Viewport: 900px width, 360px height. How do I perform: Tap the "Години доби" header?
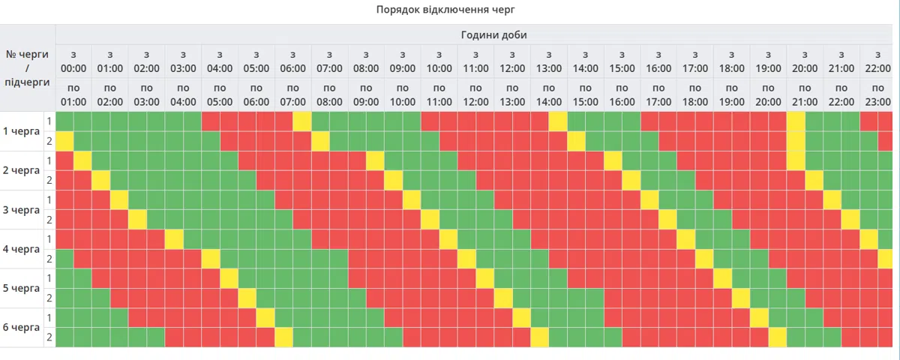[x=493, y=34]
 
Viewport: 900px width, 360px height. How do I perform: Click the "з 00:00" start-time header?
[x=73, y=61]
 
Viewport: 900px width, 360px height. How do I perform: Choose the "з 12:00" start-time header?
[x=512, y=61]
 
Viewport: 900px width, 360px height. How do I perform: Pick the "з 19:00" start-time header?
[x=768, y=61]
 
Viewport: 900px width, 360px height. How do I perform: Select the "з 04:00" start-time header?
[x=220, y=61]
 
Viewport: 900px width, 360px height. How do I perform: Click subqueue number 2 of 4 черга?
[x=49, y=259]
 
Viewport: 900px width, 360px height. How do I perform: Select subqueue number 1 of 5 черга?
[x=49, y=278]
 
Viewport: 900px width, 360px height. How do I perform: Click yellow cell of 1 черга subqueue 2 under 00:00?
[x=64, y=141]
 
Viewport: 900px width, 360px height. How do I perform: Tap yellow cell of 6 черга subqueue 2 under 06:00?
[x=283, y=337]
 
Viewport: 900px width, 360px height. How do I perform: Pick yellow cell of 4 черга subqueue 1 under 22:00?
[x=869, y=238]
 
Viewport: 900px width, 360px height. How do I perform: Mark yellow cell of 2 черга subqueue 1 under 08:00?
[x=375, y=160]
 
